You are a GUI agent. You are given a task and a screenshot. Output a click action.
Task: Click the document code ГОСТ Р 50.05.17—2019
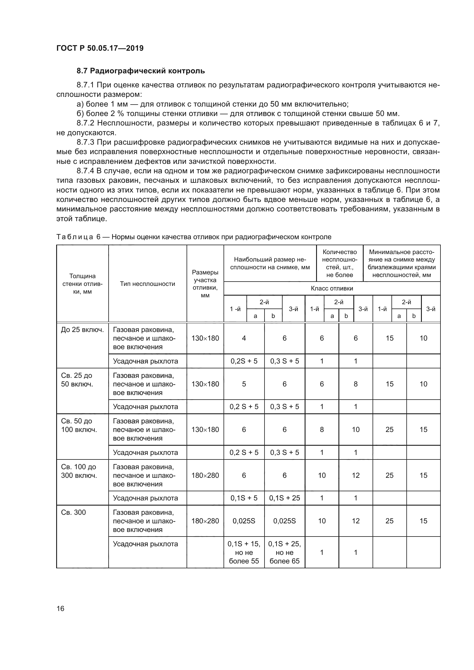click(100, 48)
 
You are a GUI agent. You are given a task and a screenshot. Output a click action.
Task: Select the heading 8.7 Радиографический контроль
click(141, 71)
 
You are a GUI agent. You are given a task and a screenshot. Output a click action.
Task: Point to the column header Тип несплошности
click(147, 284)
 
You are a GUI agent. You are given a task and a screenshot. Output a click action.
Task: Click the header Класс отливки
click(332, 288)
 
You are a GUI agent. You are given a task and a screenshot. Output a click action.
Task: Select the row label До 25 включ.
click(82, 330)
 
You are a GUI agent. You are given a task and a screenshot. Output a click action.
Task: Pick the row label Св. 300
click(73, 512)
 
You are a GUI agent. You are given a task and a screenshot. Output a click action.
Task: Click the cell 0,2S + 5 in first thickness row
click(244, 361)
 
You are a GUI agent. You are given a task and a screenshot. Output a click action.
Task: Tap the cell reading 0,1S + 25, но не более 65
click(285, 552)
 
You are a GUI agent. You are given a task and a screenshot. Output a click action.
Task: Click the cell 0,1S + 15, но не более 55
click(244, 552)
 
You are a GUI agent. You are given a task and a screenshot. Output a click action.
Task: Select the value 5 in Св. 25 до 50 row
click(244, 384)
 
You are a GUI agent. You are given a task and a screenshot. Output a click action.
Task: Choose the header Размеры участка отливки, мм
click(205, 284)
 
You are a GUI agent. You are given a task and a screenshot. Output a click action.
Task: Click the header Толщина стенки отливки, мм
click(82, 284)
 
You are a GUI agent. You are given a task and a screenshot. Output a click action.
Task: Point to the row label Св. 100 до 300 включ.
click(78, 471)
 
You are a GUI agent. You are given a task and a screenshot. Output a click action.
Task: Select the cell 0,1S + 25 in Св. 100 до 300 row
click(285, 498)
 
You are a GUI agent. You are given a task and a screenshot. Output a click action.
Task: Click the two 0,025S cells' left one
click(244, 521)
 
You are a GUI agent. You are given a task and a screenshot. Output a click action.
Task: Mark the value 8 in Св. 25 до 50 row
click(355, 384)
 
